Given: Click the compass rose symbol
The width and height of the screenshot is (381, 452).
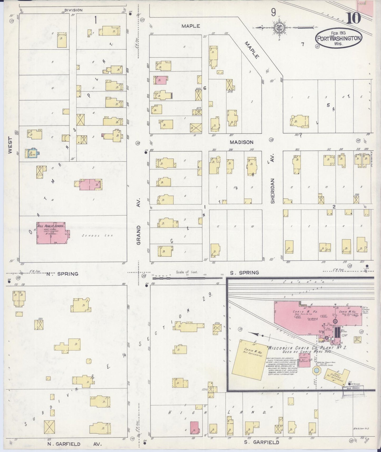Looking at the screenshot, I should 279,27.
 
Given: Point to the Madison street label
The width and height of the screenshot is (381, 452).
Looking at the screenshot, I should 241,142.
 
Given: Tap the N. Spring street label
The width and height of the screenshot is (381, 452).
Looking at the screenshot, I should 62,274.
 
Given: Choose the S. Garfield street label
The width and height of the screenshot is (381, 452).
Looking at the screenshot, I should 261,442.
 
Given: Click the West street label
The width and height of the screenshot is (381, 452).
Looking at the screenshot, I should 10,145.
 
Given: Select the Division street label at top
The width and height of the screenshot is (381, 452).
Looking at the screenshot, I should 73,10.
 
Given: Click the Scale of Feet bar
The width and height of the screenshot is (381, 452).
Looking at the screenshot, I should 187,277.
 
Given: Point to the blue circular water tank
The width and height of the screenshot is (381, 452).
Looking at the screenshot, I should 316,371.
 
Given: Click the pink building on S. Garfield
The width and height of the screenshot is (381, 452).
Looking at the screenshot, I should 194,428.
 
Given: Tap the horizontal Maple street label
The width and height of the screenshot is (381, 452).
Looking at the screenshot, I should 191,26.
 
